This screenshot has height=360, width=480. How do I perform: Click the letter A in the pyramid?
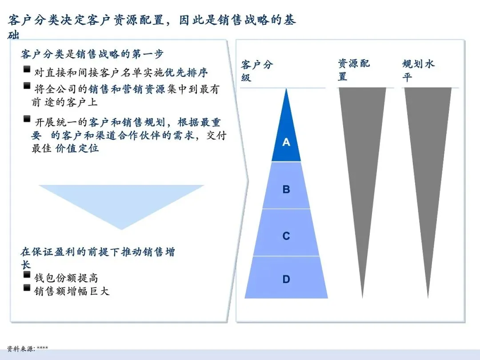tap(286, 142)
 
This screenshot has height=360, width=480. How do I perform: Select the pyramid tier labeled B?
tap(286, 189)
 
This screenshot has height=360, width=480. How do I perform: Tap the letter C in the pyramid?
tap(286, 236)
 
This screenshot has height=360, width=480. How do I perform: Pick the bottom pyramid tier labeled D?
tap(286, 279)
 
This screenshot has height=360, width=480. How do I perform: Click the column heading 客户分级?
tap(257, 71)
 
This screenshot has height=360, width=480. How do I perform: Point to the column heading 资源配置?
tap(353, 70)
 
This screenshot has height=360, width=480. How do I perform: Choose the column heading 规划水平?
tap(418, 70)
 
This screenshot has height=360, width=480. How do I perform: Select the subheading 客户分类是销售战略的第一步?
tap(92, 54)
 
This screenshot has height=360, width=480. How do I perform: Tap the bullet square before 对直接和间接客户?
tap(27, 69)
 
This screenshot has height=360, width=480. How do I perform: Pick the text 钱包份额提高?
tap(66, 278)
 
